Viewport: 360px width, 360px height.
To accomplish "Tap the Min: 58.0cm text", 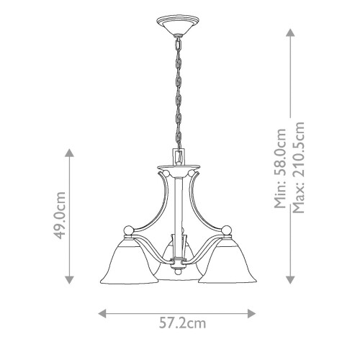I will [x=281, y=168].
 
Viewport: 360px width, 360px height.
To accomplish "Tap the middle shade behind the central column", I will [x=176, y=266].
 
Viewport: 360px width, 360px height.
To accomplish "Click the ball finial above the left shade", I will [x=130, y=230].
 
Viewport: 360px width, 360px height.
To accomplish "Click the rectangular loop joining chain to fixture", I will [x=176, y=156].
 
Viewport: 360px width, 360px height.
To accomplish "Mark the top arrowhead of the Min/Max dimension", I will [x=290, y=32].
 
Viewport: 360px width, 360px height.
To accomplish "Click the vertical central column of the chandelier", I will [x=176, y=209].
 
